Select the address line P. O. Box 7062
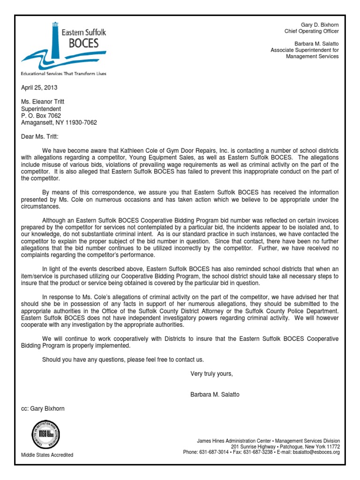point(41,116)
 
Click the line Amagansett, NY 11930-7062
point(59,123)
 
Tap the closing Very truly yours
point(211,374)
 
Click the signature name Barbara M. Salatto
point(215,395)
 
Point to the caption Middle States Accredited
point(47,455)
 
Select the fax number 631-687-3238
point(261,452)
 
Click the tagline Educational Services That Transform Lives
point(64,74)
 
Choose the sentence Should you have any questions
point(123,360)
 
